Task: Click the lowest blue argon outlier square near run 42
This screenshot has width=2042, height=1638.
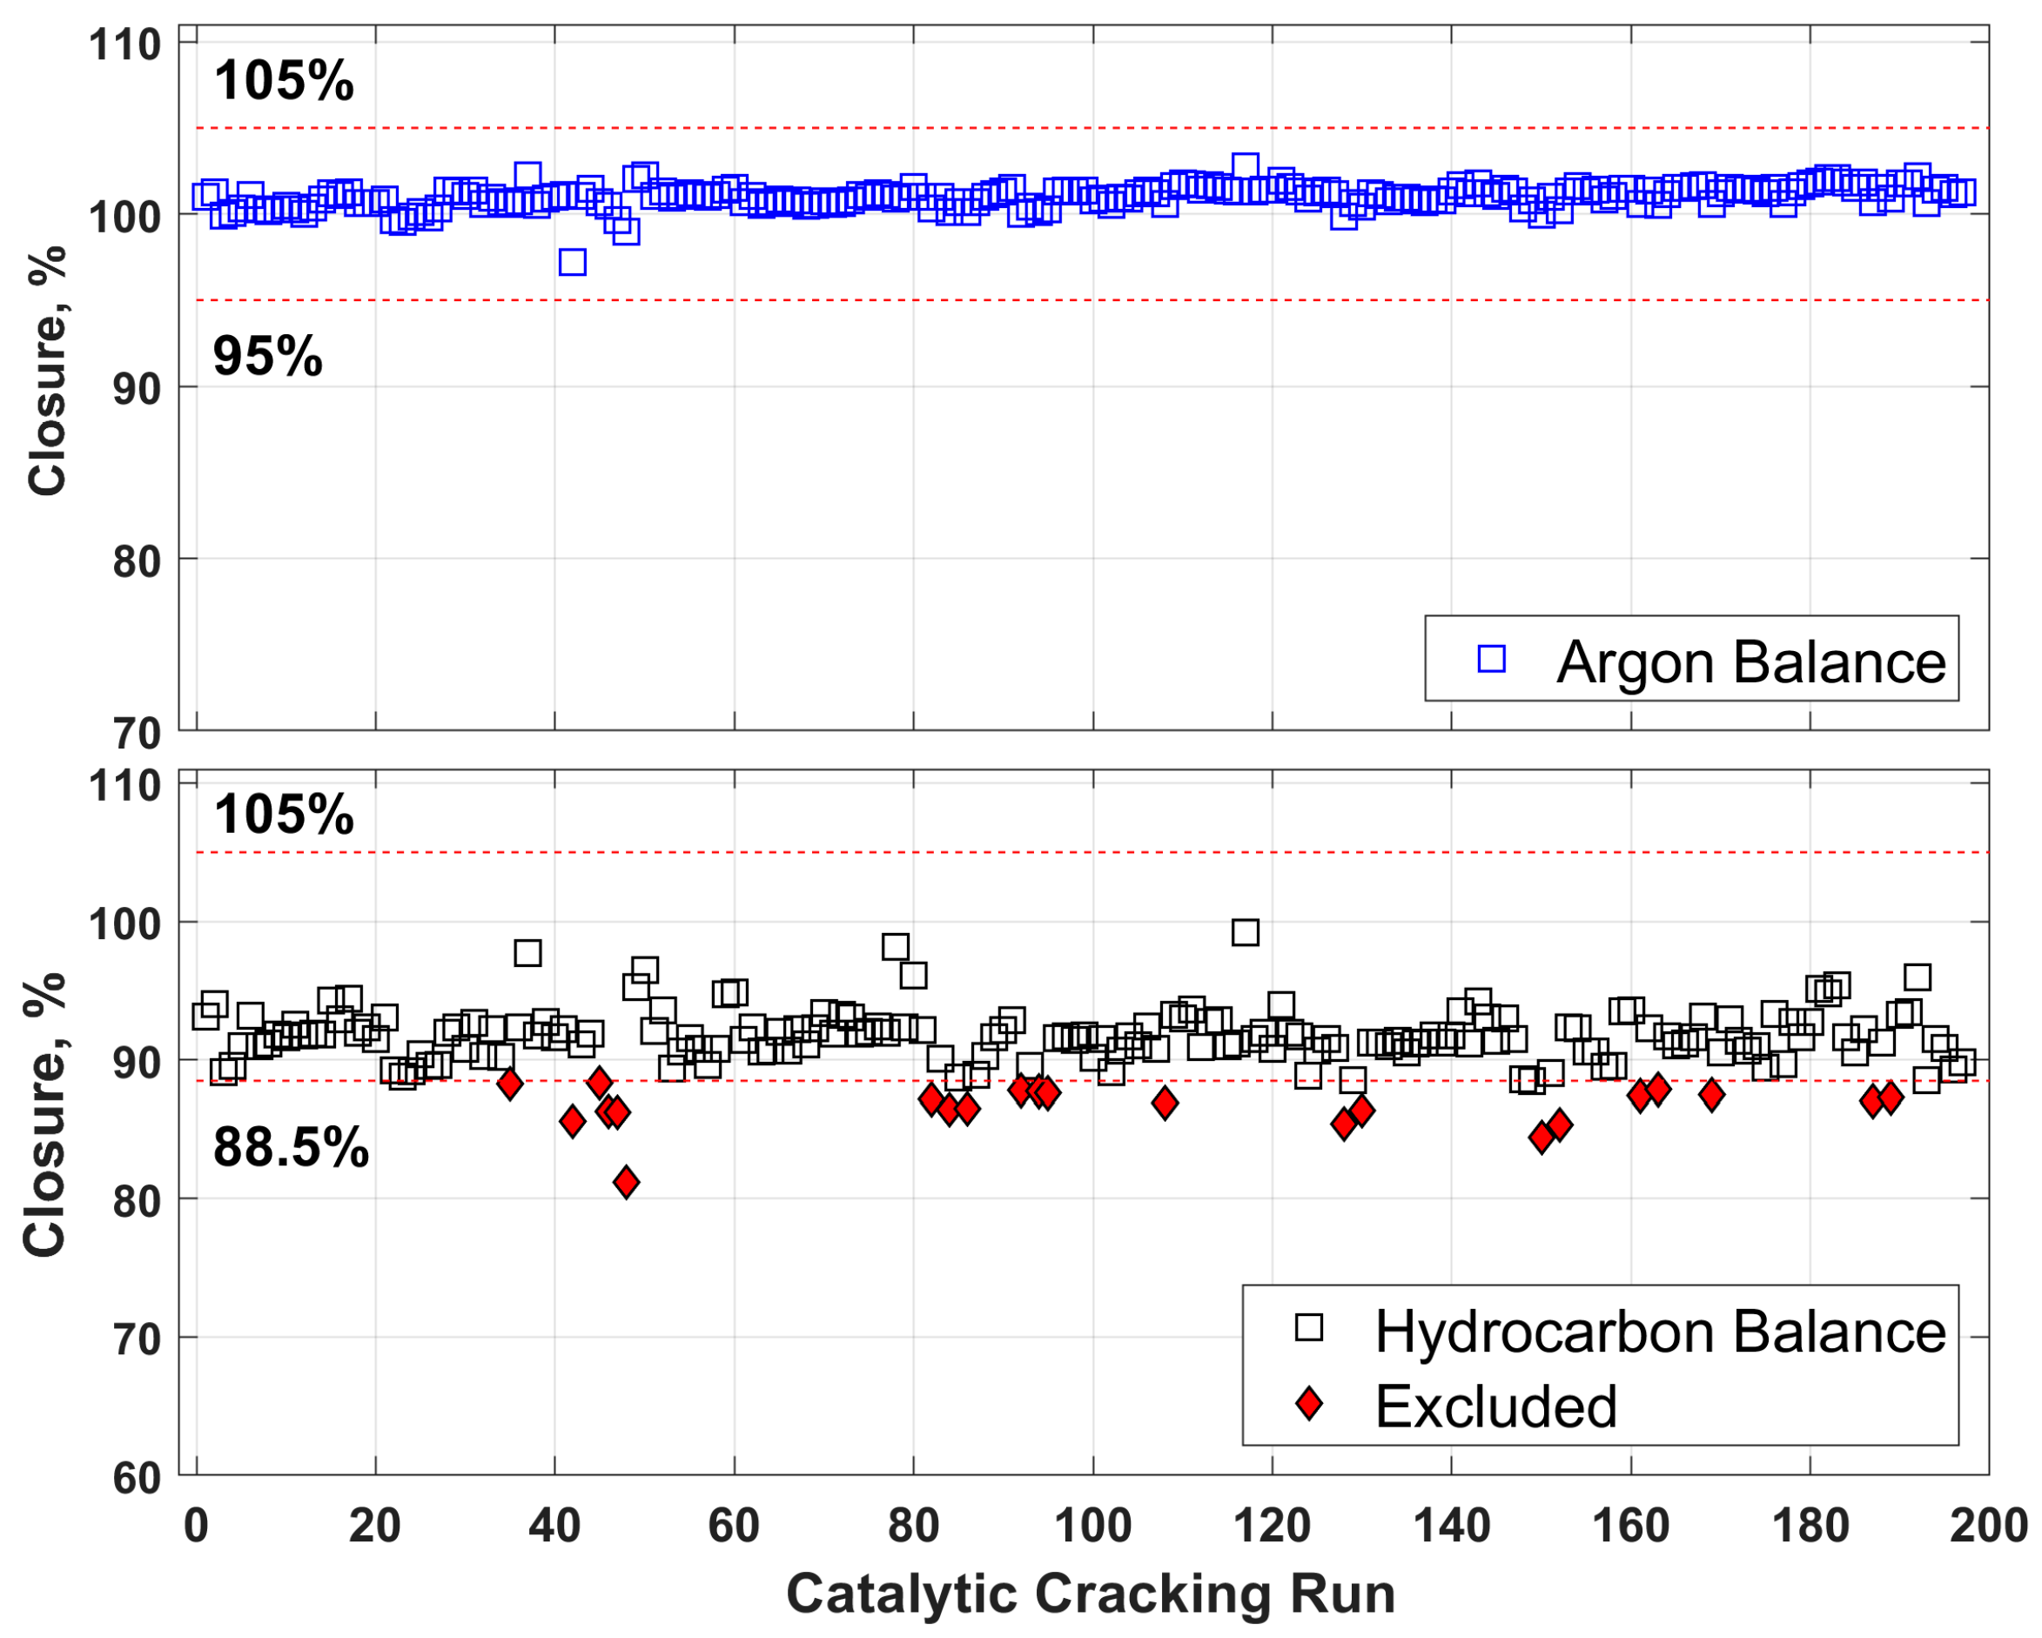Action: coord(572,262)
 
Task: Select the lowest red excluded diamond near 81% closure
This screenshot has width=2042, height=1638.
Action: coord(625,1182)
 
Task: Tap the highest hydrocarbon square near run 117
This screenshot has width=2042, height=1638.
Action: coord(1245,933)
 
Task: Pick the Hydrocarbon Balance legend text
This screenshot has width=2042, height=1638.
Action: coord(1659,1333)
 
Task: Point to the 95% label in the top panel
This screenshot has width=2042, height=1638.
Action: coord(267,357)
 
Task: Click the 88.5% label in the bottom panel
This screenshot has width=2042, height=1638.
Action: coord(291,1149)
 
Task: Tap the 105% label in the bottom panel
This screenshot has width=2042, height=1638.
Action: coord(283,815)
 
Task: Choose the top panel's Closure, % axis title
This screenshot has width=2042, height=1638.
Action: coord(45,370)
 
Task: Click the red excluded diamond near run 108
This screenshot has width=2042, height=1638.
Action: coord(1165,1103)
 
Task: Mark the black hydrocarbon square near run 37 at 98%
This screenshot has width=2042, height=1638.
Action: coord(527,952)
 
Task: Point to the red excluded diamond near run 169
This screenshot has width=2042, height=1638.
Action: coord(1711,1096)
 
